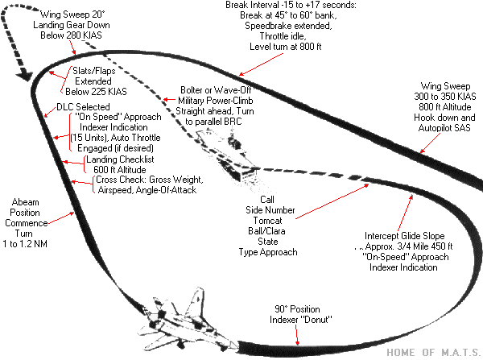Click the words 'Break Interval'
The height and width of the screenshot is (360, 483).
pyautogui.click(x=253, y=7)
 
